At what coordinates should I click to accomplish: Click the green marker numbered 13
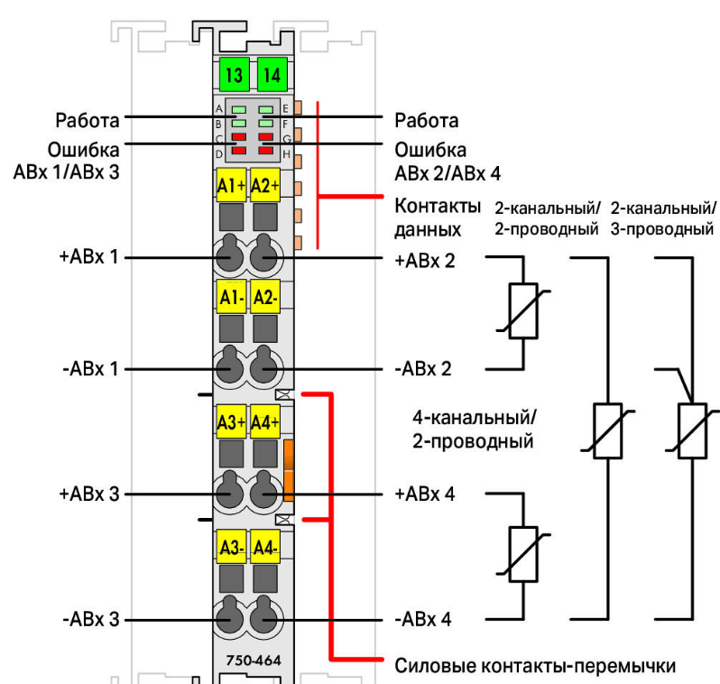[x=234, y=74]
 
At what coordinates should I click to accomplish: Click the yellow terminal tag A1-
[x=232, y=297]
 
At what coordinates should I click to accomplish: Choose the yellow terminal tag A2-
[x=265, y=297]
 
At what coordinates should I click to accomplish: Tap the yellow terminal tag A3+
[x=232, y=421]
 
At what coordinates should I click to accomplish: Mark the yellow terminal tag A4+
[x=265, y=421]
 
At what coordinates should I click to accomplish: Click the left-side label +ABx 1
[x=89, y=258]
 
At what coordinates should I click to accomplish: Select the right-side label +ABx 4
[x=425, y=495]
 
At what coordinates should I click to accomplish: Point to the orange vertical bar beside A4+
[x=290, y=469]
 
